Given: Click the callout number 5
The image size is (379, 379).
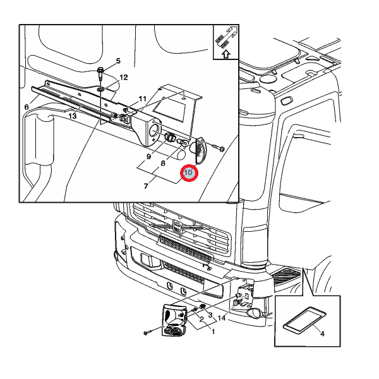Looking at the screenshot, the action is click(x=118, y=61).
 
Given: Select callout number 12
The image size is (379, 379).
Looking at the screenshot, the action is click(x=124, y=77).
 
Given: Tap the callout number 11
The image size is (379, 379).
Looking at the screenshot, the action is click(x=143, y=99).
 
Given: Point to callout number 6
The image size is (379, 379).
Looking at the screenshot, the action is click(x=27, y=107).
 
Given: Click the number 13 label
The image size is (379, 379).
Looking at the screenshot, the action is click(x=73, y=116).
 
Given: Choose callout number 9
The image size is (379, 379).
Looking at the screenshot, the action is click(x=148, y=157).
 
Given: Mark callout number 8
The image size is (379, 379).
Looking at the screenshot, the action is click(x=163, y=164).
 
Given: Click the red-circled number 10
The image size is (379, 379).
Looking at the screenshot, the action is click(x=188, y=172).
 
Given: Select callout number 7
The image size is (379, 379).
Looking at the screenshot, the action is click(x=146, y=186).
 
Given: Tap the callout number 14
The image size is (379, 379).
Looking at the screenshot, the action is click(x=222, y=318).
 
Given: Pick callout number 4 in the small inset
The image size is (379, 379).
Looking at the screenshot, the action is click(x=322, y=334).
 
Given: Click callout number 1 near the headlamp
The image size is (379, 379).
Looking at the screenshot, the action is click(x=214, y=332).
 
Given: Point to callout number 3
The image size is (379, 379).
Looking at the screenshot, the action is click(x=210, y=315).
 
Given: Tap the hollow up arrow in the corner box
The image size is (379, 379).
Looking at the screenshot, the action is click(x=226, y=54).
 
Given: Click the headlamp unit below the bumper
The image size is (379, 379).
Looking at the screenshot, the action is click(x=174, y=320).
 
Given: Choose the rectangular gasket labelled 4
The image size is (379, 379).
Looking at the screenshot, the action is click(x=305, y=320).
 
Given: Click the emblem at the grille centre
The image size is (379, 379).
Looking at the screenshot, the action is click(x=177, y=227).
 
